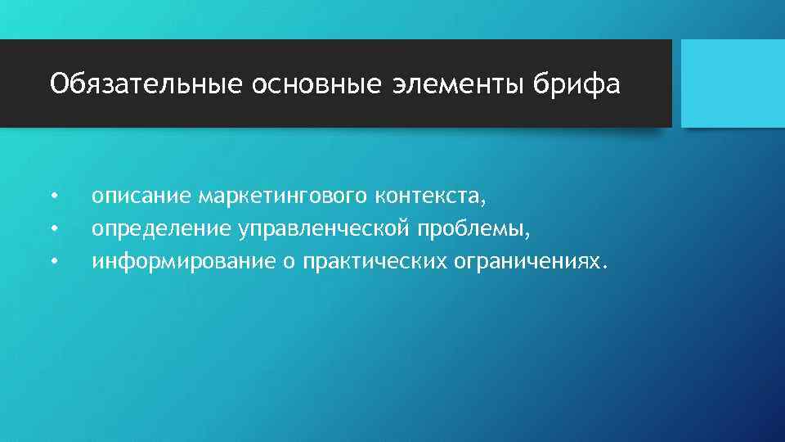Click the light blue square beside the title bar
733,83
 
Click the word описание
141,196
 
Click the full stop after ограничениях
606,268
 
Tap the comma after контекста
484,203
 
